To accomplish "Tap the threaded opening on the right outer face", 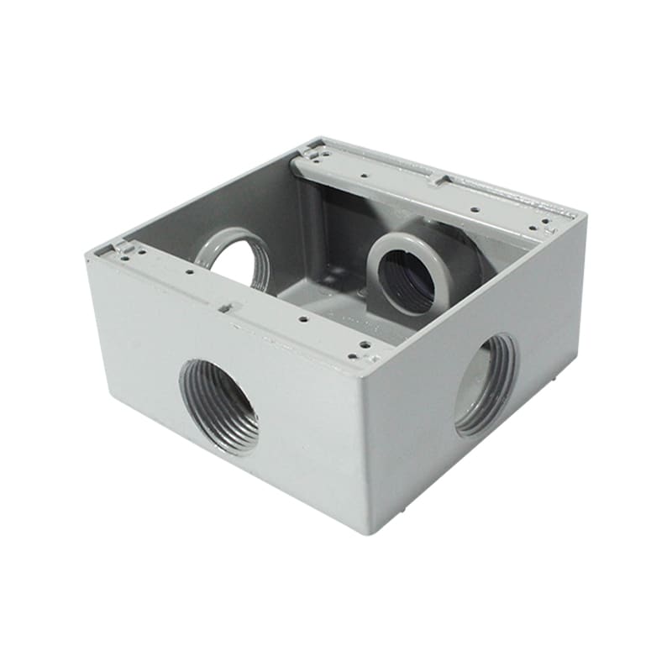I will click(x=486, y=385).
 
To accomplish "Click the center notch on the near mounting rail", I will click(x=224, y=308).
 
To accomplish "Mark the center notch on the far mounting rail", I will click(x=438, y=180).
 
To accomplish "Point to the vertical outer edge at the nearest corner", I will click(x=365, y=445).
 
